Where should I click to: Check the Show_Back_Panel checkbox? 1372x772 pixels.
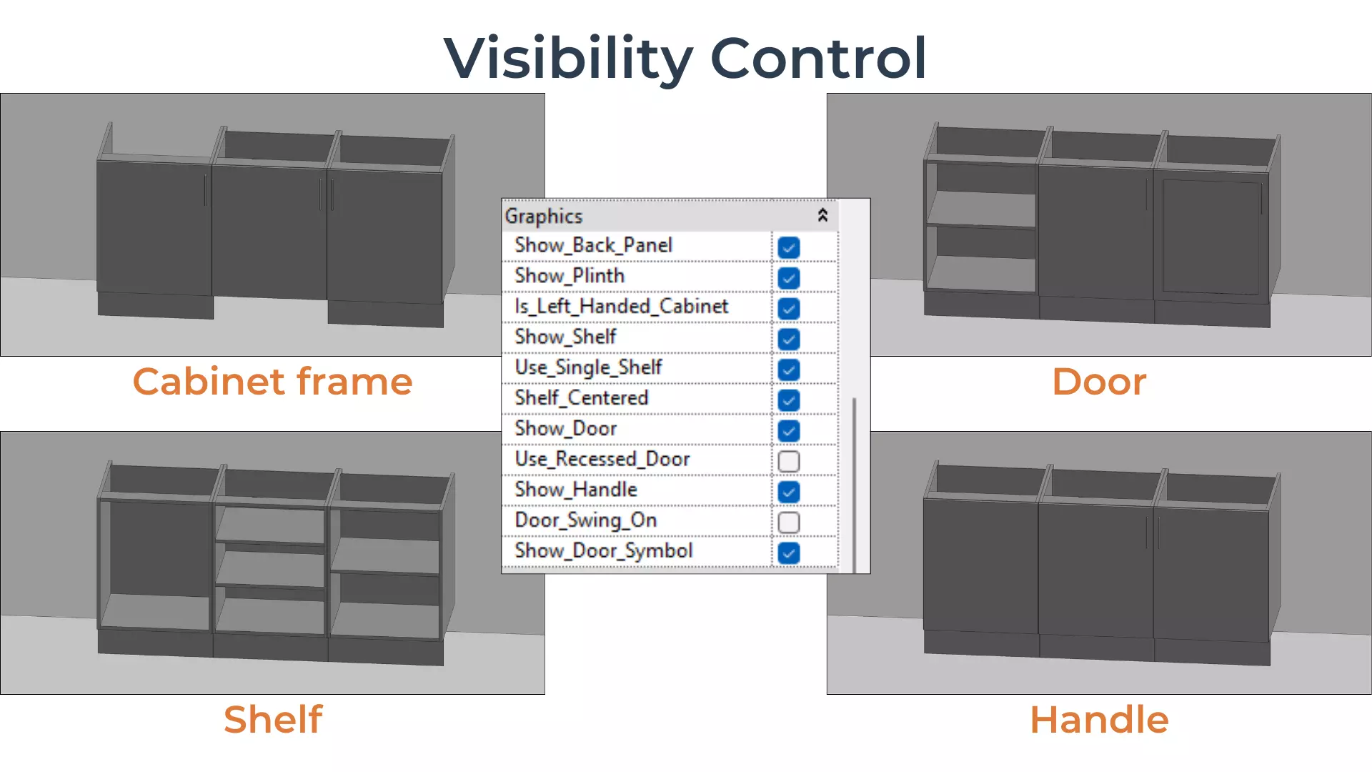tap(789, 247)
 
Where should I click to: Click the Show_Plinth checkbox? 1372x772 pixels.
tap(789, 278)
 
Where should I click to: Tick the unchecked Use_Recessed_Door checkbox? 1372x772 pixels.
tap(789, 462)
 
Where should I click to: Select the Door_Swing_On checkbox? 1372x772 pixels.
tap(789, 523)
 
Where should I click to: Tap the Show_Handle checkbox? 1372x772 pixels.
tap(789, 492)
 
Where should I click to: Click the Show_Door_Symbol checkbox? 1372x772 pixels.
tap(789, 553)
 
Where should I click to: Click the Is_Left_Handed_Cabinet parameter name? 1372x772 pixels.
tap(621, 307)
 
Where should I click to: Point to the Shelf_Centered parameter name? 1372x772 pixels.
tap(581, 398)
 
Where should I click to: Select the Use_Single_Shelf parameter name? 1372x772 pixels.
tap(588, 367)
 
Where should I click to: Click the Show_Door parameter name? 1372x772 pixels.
tap(565, 429)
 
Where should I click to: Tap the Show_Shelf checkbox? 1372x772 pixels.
tap(789, 339)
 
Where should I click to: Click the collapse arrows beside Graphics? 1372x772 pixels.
tap(822, 215)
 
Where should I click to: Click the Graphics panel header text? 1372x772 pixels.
tap(544, 216)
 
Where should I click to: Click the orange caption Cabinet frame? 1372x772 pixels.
tap(272, 381)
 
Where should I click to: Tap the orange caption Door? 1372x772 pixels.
tap(1099, 381)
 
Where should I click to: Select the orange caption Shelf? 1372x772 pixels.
tap(272, 719)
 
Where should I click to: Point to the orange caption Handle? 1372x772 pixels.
tap(1099, 719)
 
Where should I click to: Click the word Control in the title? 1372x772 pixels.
tap(818, 59)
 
